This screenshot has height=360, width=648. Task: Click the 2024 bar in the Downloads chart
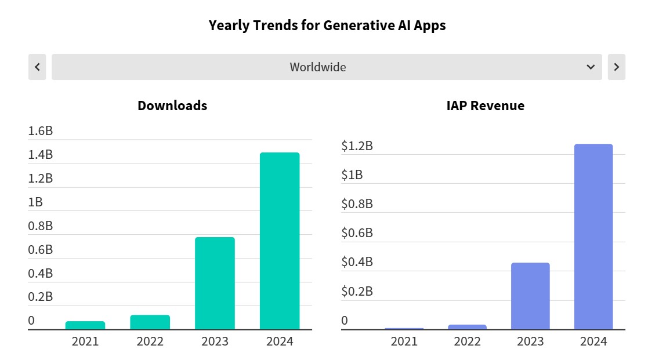(280, 241)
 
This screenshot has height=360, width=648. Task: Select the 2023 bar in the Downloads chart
(215, 283)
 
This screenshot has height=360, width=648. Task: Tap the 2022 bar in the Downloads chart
(150, 322)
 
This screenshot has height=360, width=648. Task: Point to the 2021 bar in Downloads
(85, 325)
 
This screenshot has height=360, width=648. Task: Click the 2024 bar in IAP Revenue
(593, 237)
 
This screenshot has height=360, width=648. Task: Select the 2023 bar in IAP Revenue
(530, 296)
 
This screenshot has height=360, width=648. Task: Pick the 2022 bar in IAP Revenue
(467, 327)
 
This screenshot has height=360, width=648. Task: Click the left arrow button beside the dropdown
(37, 67)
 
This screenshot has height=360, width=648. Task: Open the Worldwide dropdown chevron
(591, 67)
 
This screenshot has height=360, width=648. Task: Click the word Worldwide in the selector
(318, 67)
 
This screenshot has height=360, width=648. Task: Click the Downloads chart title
(172, 106)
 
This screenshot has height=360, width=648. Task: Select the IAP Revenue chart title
(485, 106)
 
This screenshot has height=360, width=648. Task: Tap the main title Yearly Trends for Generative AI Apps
(327, 26)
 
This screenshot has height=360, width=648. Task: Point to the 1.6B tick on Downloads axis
(41, 131)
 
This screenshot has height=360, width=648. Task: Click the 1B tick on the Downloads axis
(35, 202)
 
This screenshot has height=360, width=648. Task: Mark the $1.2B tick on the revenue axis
(357, 146)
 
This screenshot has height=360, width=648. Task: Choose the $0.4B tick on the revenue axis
(357, 262)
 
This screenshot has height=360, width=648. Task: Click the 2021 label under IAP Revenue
(404, 341)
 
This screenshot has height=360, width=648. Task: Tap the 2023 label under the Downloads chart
(215, 341)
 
